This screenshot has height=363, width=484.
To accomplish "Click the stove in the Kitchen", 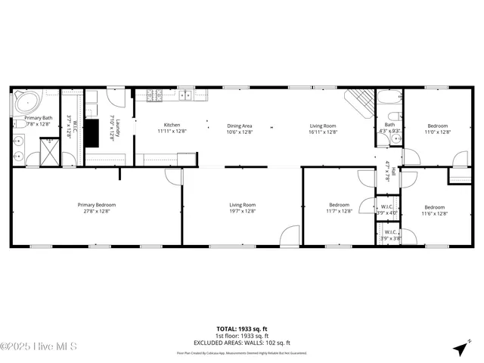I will tap(155, 95).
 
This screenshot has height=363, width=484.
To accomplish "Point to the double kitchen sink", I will tap(185, 95).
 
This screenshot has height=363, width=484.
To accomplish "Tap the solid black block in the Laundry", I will tap(92, 133).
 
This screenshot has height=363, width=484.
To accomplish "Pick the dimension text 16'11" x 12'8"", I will tap(323, 132).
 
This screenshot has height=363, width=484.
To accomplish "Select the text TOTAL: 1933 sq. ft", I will tap(241, 329).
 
